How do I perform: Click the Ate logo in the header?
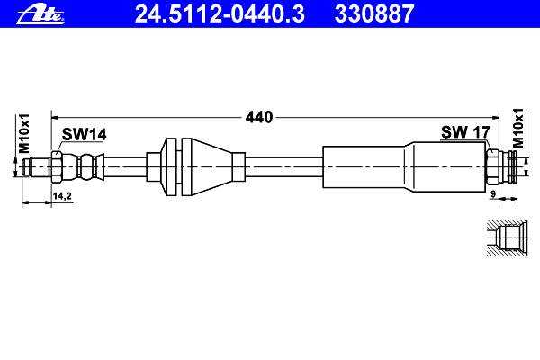40,14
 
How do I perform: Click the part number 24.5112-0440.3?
220,13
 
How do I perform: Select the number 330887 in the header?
373,13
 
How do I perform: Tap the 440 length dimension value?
259,118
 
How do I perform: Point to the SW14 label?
84,134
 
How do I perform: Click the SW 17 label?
465,132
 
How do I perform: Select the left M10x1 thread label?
24,133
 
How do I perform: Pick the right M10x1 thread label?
517,128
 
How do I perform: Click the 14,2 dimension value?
62,196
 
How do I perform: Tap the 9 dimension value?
493,194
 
